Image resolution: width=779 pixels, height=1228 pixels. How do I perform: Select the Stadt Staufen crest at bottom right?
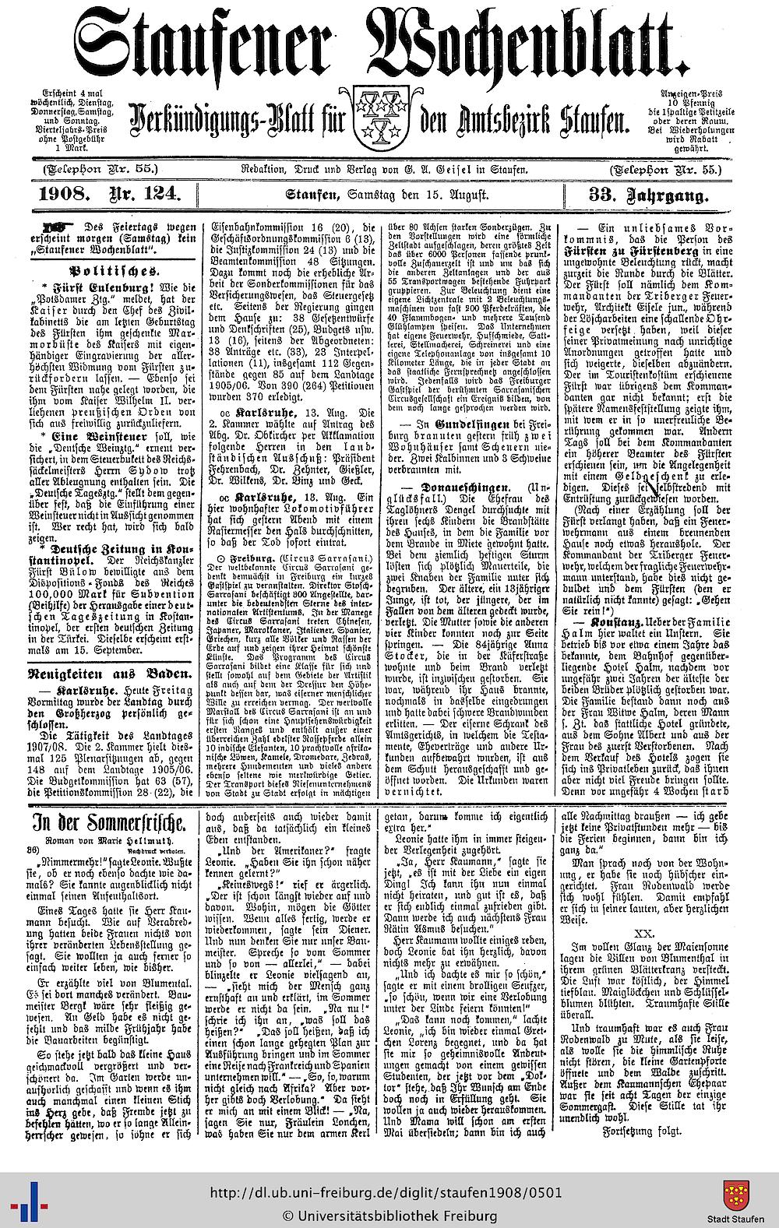pos(735,1195)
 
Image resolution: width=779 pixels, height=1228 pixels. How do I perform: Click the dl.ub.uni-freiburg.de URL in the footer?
pos(385,1194)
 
